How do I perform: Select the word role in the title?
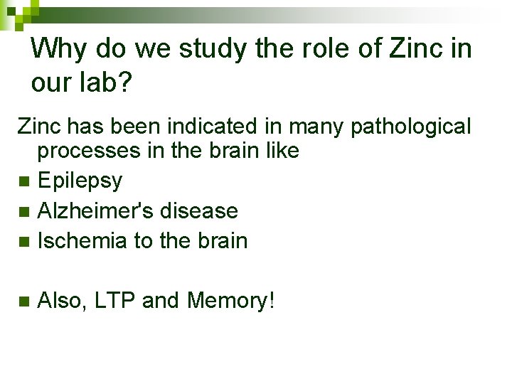[334, 49]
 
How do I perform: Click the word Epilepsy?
[80, 181]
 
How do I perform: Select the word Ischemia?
[82, 241]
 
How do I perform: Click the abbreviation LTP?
[115, 301]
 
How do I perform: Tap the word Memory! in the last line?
[230, 301]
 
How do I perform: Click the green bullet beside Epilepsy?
[24, 182]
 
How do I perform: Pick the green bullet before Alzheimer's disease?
[24, 212]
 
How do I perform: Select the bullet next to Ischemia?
[24, 242]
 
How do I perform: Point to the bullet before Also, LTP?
[24, 302]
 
